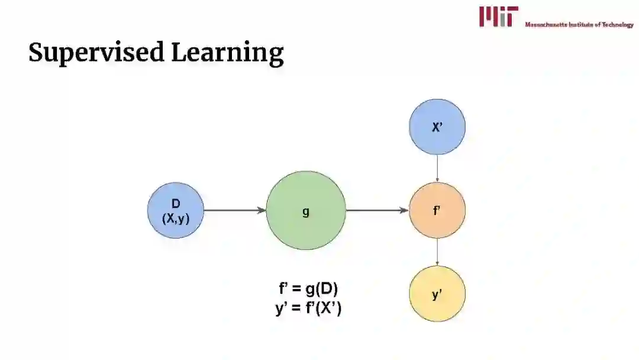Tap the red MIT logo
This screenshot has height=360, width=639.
pyautogui.click(x=499, y=16)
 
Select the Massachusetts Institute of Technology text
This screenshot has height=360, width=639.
pyautogui.click(x=579, y=24)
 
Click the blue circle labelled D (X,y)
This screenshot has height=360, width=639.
pyautogui.click(x=176, y=210)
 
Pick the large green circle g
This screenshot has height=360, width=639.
pyautogui.click(x=306, y=210)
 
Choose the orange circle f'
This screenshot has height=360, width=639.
pyautogui.click(x=437, y=210)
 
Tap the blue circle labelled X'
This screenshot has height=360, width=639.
pyautogui.click(x=437, y=127)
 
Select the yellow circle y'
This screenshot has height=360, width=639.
pyautogui.click(x=437, y=294)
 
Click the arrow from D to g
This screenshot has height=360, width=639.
pyautogui.click(x=234, y=210)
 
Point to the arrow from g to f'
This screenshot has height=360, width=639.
pyautogui.click(x=377, y=210)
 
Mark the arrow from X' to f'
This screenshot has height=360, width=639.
pyautogui.click(x=437, y=168)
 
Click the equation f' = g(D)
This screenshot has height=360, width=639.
pyautogui.click(x=308, y=289)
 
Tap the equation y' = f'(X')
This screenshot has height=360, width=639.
pyautogui.click(x=308, y=308)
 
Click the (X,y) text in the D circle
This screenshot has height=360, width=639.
pyautogui.click(x=176, y=218)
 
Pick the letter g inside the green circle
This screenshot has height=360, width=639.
pyautogui.click(x=306, y=211)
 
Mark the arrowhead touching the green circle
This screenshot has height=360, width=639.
pyautogui.click(x=262, y=210)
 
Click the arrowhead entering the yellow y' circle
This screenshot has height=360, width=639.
pyautogui.click(x=437, y=263)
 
